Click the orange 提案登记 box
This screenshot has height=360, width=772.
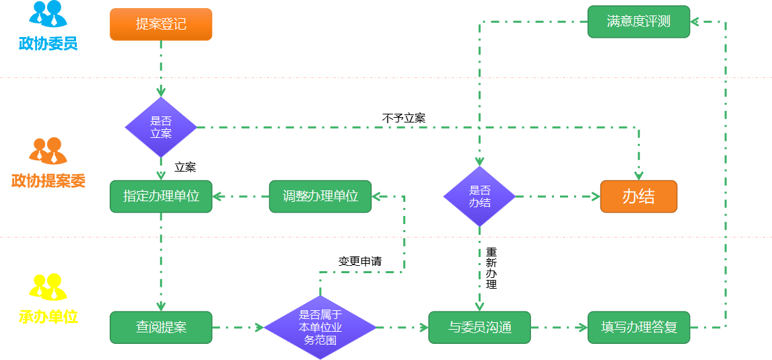tap(161, 24)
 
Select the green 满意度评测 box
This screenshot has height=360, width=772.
tap(638, 22)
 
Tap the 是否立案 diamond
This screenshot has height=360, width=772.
tap(161, 127)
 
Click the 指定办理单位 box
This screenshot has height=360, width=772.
tap(161, 196)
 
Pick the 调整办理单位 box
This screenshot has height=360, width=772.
tap(320, 196)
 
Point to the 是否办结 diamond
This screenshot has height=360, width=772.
tap(479, 196)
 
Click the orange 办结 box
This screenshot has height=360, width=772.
tap(638, 196)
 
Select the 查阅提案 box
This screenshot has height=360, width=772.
tap(161, 328)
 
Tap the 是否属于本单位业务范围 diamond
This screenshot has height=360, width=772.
tap(320, 328)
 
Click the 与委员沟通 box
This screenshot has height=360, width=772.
tap(479, 328)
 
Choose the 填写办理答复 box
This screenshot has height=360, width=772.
tap(638, 328)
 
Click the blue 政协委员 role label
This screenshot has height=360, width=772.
tap(48, 44)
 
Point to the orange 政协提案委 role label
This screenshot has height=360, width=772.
tap(48, 181)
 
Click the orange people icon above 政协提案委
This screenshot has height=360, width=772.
tap(48, 151)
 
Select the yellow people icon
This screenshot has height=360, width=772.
tap(48, 287)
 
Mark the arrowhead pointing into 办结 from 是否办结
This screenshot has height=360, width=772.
tap(595, 196)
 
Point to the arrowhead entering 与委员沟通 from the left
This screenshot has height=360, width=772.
tap(424, 328)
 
